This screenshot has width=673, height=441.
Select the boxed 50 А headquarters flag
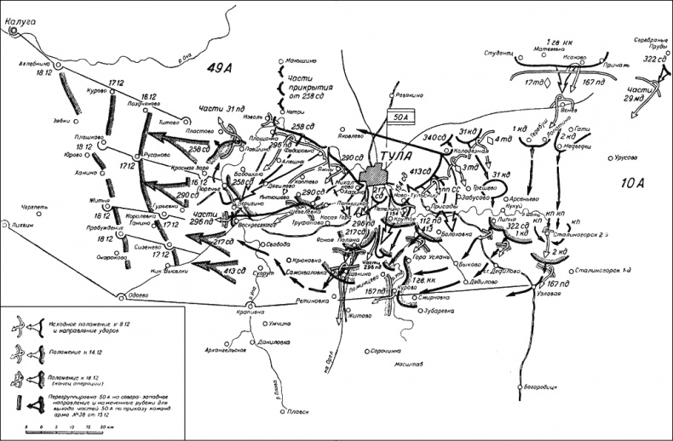(x=399, y=118)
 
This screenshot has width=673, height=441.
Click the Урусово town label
(x=626, y=157)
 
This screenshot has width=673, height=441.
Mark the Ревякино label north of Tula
(x=411, y=96)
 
